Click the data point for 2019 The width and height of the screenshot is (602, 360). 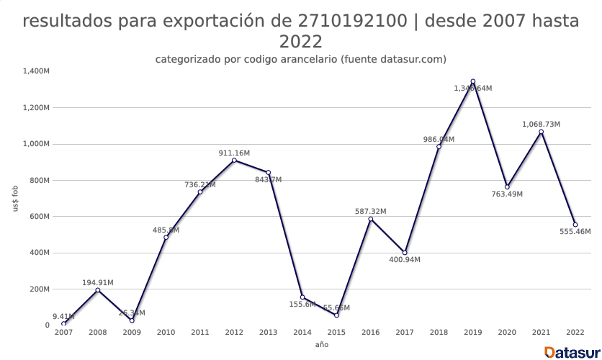(473, 81)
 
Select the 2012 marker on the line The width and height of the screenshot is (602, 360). (234, 160)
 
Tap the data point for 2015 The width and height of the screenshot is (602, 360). (336, 315)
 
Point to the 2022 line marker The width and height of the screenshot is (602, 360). (575, 225)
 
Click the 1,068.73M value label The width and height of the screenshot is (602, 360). (541, 125)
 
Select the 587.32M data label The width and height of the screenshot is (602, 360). (370, 212)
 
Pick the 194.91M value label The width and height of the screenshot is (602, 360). (97, 283)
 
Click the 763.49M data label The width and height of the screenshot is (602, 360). (506, 194)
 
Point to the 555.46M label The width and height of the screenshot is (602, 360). (575, 232)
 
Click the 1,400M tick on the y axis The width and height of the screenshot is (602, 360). (35, 71)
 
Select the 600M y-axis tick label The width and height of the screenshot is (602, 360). (38, 217)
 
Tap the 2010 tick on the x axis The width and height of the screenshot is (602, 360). (166, 333)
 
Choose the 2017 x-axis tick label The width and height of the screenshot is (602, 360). (405, 333)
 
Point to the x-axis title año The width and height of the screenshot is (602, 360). (321, 345)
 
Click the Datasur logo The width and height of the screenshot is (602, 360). (572, 351)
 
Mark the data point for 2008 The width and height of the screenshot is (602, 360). (98, 290)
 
